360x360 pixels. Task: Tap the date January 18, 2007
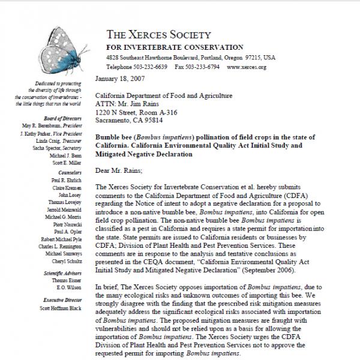(x=121, y=79)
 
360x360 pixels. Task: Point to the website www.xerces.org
(x=247, y=68)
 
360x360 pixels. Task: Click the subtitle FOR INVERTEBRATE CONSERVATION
(x=175, y=47)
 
